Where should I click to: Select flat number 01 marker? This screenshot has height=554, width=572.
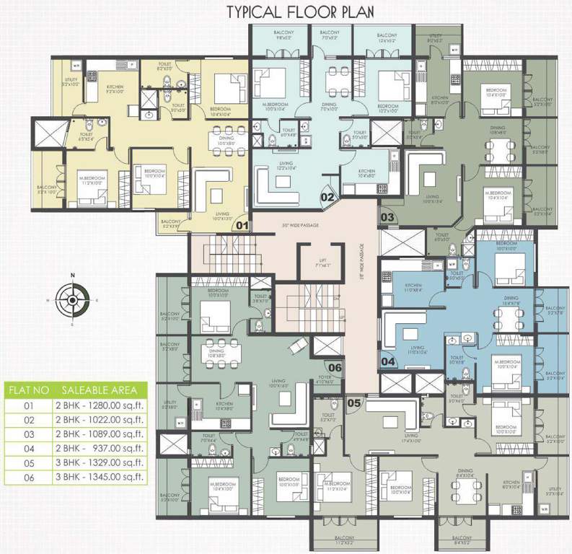click(243, 225)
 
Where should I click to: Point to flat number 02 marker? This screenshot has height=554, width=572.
click(327, 195)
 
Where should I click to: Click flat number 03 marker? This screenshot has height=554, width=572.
click(387, 216)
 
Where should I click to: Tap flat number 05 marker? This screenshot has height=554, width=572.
click(354, 403)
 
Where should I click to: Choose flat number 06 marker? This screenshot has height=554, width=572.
click(335, 366)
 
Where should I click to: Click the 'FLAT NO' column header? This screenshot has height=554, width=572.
click(29, 390)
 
